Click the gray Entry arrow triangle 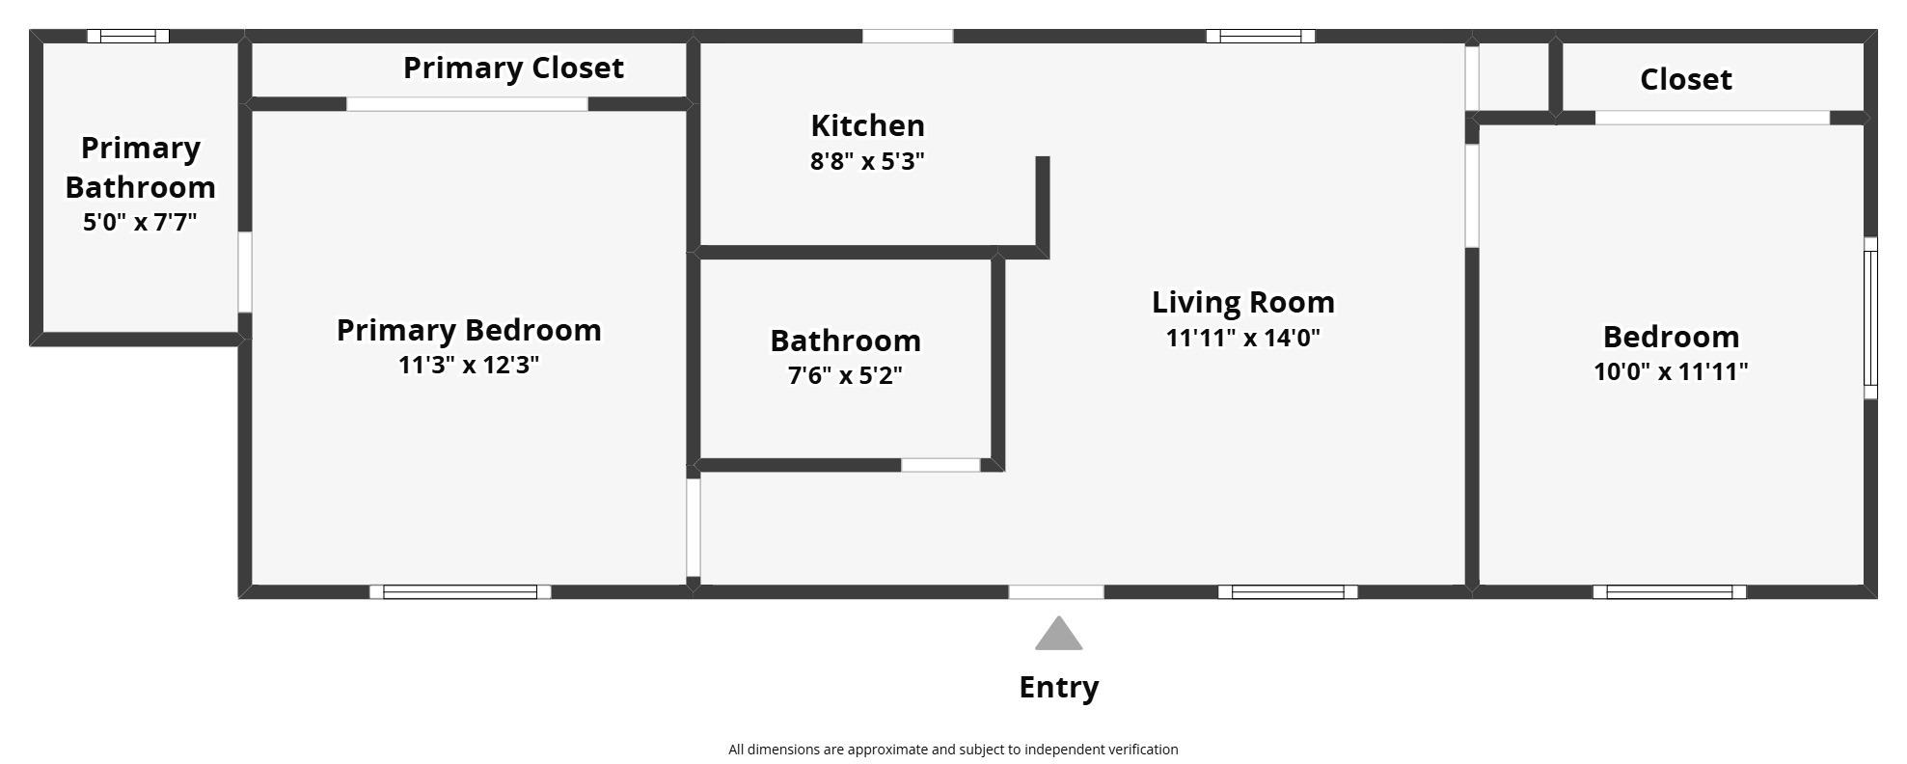click(x=1058, y=636)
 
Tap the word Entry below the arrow click(x=1058, y=688)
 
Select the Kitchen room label click(x=867, y=125)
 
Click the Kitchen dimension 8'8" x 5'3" click(x=867, y=161)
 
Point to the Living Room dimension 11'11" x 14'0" click(x=1242, y=339)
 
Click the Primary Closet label click(x=513, y=68)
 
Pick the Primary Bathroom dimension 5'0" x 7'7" click(x=140, y=223)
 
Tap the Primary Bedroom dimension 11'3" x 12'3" click(x=469, y=366)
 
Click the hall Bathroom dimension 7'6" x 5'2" click(x=845, y=375)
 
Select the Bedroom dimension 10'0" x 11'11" click(x=1671, y=371)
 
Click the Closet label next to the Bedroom click(x=1685, y=79)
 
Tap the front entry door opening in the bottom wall click(x=1056, y=591)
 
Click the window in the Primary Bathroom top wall click(x=128, y=37)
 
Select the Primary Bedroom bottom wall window click(x=460, y=591)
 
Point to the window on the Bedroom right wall click(x=1869, y=318)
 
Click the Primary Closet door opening click(x=467, y=104)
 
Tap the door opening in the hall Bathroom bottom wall click(x=940, y=465)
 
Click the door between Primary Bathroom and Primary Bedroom click(x=245, y=272)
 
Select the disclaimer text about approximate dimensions click(x=953, y=750)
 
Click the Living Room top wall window click(x=1260, y=37)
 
